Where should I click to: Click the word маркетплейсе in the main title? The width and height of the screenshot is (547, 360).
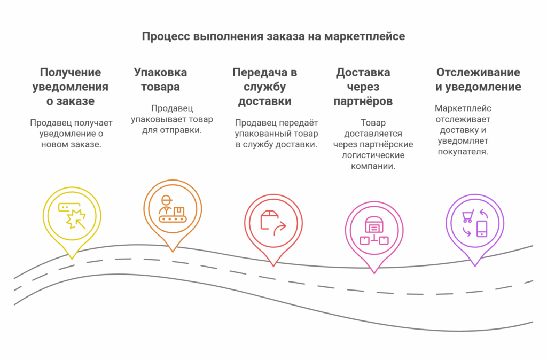click(x=364, y=37)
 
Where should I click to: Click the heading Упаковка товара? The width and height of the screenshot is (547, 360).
click(x=160, y=80)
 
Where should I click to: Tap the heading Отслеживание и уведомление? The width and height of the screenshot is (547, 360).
click(x=478, y=80)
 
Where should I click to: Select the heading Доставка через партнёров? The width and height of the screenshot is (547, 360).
click(x=363, y=87)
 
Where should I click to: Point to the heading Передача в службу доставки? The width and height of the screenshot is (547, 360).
click(x=265, y=87)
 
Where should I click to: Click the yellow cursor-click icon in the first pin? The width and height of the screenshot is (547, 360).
click(x=72, y=216)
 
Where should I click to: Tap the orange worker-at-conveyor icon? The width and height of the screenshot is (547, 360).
click(x=173, y=209)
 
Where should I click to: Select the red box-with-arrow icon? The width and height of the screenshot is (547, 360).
click(x=273, y=223)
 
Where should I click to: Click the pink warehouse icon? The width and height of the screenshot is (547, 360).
click(x=374, y=230)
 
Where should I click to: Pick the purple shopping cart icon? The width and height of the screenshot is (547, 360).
click(x=468, y=216)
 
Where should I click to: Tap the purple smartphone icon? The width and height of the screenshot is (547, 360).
click(x=482, y=229)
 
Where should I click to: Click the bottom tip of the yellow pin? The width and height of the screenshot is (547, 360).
click(x=72, y=259)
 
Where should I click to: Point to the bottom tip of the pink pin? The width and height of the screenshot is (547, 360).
click(x=374, y=273)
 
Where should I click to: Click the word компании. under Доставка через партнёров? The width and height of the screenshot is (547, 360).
click(x=373, y=166)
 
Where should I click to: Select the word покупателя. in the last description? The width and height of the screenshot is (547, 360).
click(x=463, y=152)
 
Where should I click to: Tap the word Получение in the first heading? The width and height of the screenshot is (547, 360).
click(x=71, y=72)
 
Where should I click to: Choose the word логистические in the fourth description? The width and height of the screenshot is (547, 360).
click(x=373, y=155)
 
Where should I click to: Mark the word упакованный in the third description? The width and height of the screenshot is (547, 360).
click(x=255, y=134)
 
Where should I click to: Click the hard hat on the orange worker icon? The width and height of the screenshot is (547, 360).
click(x=167, y=199)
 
